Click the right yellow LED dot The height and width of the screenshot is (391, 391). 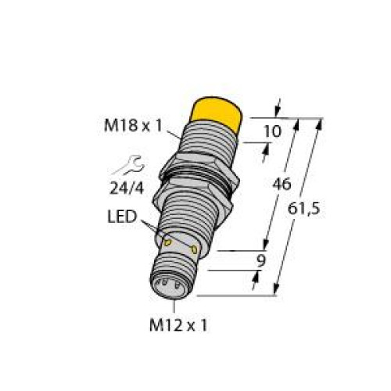194,249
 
